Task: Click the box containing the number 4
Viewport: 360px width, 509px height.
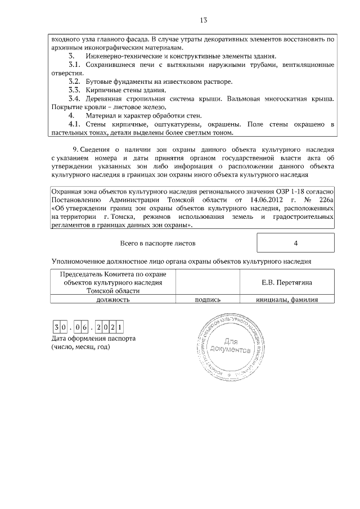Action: tap(295, 243)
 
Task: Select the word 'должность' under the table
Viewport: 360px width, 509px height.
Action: tap(113, 300)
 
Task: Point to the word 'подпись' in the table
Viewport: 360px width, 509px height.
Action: tap(208, 300)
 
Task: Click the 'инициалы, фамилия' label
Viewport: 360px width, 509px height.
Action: tap(287, 300)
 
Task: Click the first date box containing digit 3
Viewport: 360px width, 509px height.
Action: tap(56, 327)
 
